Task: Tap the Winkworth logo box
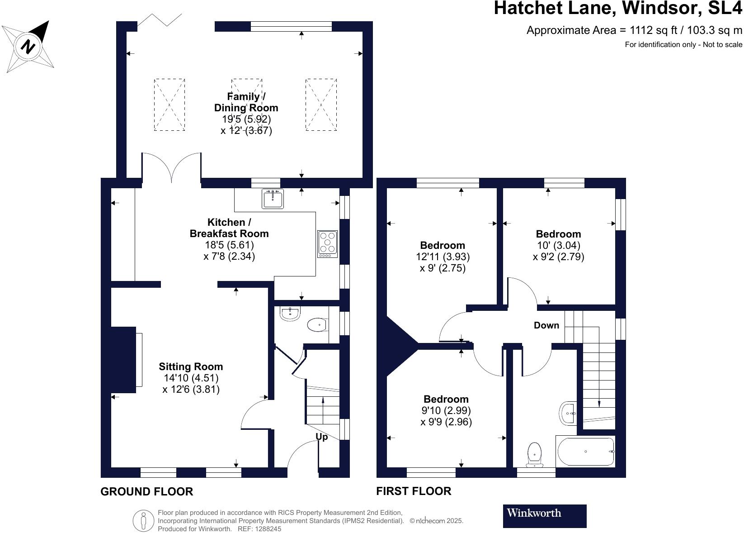click(544, 516)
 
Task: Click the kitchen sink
click(273, 199)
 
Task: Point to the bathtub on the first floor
click(585, 452)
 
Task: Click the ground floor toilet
click(317, 324)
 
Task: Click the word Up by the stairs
click(321, 437)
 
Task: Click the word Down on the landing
click(546, 325)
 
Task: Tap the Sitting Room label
click(191, 366)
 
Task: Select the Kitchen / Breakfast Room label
click(229, 228)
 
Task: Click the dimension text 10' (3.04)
click(558, 245)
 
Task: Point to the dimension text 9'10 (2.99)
click(446, 410)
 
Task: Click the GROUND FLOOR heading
click(146, 491)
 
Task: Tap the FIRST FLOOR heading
click(413, 491)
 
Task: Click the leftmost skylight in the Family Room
click(169, 105)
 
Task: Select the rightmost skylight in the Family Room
click(321, 105)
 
